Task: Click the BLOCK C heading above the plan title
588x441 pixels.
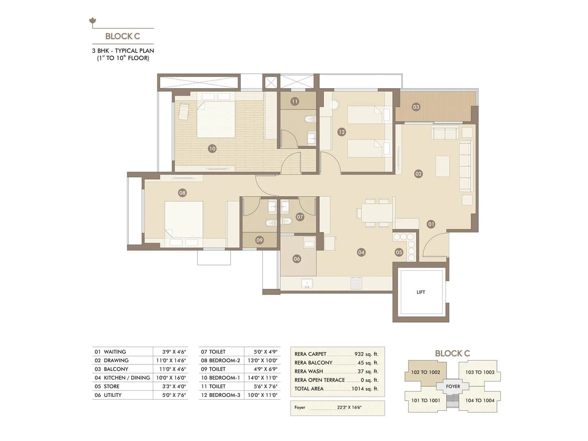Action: [122, 36]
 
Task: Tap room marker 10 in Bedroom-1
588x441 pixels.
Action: [212, 148]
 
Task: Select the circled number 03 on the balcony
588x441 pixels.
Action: [416, 107]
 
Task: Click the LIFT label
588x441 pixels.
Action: [421, 292]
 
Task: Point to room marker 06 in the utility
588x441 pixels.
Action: [297, 259]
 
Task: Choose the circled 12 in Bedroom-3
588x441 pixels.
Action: [341, 132]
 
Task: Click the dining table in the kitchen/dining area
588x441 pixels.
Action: [377, 213]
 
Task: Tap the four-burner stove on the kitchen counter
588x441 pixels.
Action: [356, 283]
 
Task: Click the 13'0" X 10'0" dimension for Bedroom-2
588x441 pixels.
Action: [262, 361]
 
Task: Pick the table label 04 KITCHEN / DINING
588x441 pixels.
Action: [122, 378]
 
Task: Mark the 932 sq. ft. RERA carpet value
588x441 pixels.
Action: [366, 354]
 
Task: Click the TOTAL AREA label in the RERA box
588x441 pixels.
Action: [309, 389]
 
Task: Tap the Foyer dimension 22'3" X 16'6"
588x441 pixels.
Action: [349, 408]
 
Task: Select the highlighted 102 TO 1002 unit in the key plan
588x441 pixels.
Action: [426, 372]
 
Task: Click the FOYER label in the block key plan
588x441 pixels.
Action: [453, 387]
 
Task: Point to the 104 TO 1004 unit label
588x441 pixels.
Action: [480, 401]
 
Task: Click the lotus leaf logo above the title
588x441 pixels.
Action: [93, 21]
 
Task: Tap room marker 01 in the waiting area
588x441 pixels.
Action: [431, 224]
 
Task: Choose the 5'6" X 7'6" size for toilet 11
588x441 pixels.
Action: [265, 387]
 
